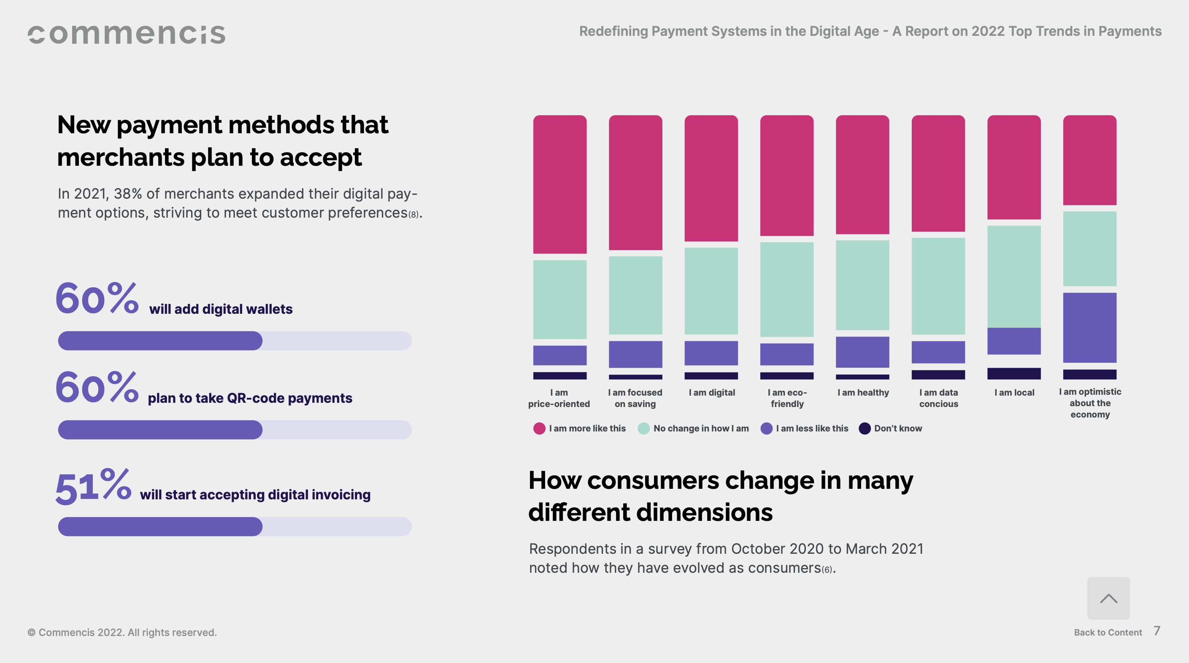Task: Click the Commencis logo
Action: [127, 35]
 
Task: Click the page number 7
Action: [1157, 631]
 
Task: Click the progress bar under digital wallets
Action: [235, 340]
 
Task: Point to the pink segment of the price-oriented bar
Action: [559, 185]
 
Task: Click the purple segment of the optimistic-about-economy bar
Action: [1089, 328]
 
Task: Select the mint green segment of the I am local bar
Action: [1013, 277]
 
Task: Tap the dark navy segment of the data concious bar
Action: [938, 375]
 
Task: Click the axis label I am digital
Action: [712, 393]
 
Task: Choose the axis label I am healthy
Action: [863, 393]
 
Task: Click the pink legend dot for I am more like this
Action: [539, 428]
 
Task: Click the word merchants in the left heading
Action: [121, 158]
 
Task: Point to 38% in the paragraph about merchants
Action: [128, 194]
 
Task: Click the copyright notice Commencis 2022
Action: [122, 632]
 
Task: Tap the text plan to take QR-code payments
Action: [250, 398]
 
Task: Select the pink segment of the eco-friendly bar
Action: [786, 175]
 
